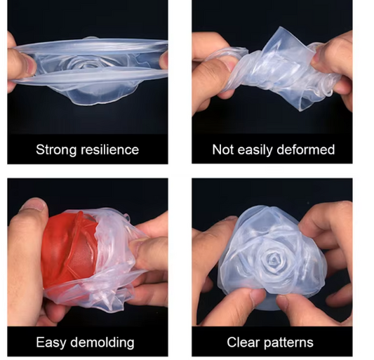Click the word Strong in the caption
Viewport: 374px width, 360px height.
pos(56,150)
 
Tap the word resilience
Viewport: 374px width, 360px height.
pos(109,149)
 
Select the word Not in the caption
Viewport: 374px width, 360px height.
pos(222,149)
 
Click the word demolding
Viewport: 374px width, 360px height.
pos(102,343)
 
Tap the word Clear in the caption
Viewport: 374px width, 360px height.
pos(243,342)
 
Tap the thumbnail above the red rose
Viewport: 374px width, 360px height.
pos(34,204)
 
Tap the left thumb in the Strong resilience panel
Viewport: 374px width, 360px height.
pos(22,64)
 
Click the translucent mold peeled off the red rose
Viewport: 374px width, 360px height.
pos(112,260)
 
